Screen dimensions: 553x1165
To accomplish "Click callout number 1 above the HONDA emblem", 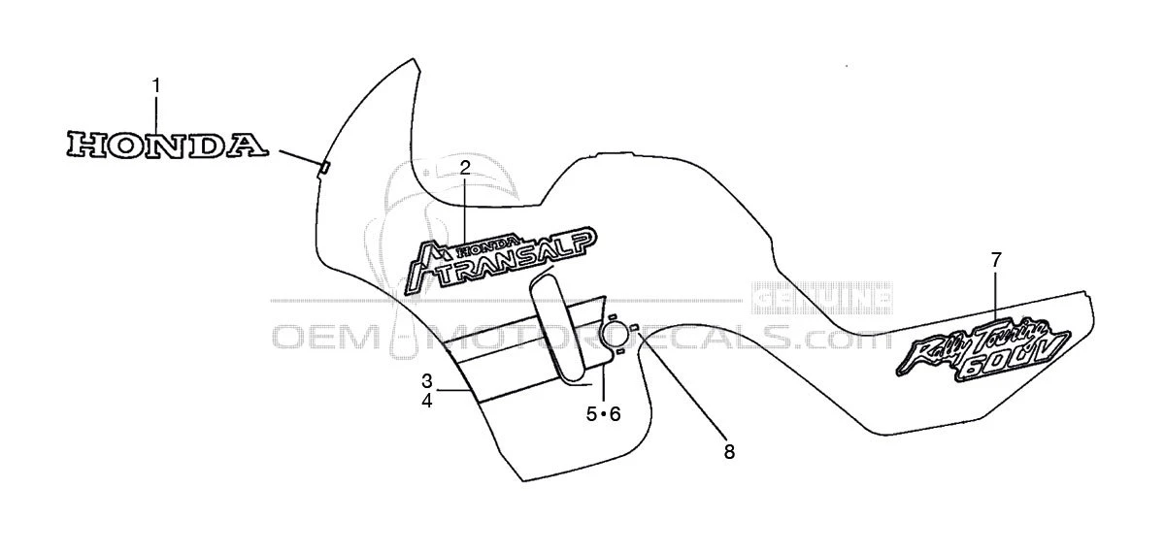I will pyautogui.click(x=156, y=84).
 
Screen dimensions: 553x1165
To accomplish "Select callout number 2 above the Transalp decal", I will pyautogui.click(x=465, y=168).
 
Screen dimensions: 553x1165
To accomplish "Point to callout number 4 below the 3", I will pyautogui.click(x=427, y=400).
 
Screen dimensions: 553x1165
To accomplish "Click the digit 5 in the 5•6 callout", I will pyautogui.click(x=590, y=414).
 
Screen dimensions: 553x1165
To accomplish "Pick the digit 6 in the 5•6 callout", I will pyautogui.click(x=615, y=414).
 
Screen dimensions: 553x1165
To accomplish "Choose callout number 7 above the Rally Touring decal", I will pyautogui.click(x=996, y=259).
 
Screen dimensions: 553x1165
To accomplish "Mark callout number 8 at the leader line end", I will pyautogui.click(x=729, y=451).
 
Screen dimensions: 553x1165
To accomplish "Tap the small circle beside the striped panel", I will pyautogui.click(x=614, y=336).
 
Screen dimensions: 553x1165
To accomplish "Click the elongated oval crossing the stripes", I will pyautogui.click(x=558, y=327).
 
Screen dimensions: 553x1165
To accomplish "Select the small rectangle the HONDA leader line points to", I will pyautogui.click(x=324, y=168).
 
